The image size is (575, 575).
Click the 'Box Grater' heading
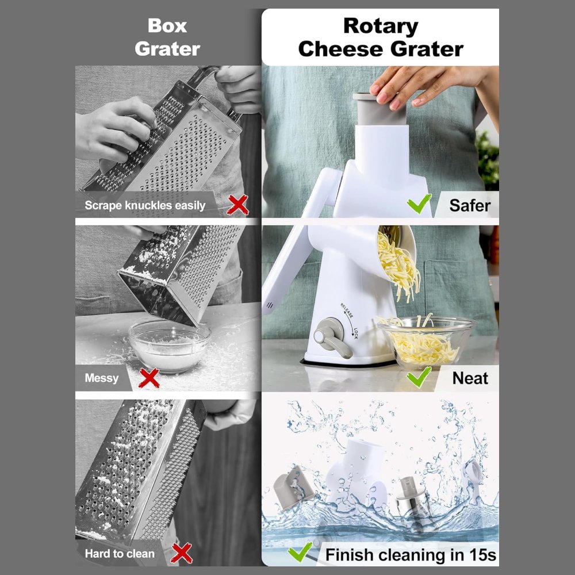tap(167, 37)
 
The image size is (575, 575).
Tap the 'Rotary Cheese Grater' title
tap(381, 37)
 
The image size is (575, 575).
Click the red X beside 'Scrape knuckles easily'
tap(237, 205)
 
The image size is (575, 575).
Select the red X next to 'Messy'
tap(149, 378)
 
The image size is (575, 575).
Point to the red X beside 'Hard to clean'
tap(181, 553)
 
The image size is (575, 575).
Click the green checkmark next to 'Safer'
tap(419, 204)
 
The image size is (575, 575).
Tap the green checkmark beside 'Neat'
tap(419, 377)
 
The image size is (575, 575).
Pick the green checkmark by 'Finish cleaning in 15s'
tap(300, 551)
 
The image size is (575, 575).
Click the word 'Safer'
tap(470, 205)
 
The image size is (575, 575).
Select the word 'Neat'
tap(470, 378)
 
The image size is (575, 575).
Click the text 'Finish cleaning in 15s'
tap(411, 555)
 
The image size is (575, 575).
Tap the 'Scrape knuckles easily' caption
tap(145, 205)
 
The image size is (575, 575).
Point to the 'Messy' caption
tap(102, 378)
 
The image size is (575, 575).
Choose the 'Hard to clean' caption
tap(120, 554)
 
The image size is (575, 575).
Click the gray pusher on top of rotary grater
tap(380, 109)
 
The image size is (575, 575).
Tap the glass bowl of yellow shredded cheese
tap(427, 342)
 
